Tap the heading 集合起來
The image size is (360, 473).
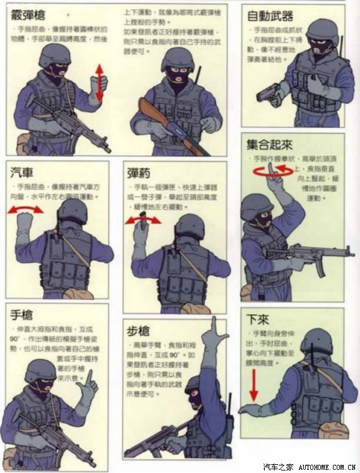coord(270,144)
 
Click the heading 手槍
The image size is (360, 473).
coord(22,314)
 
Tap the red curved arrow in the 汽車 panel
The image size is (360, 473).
coord(25,210)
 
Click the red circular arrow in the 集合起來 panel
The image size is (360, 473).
coord(273,170)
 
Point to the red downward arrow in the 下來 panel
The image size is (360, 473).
coord(253,385)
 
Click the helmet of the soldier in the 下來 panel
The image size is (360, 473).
coord(315,341)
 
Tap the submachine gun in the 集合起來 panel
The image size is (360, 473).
coord(309,254)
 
